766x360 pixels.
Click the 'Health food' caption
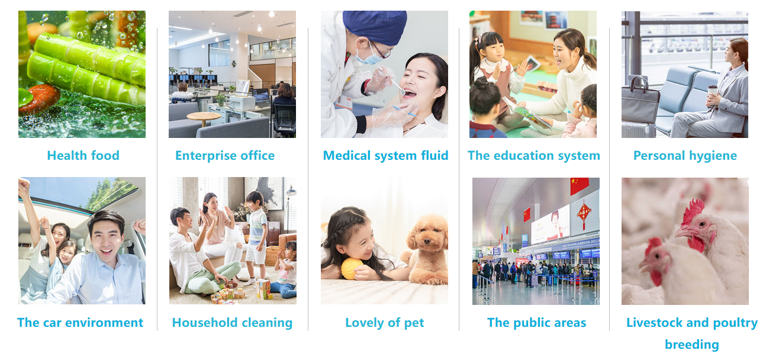83,156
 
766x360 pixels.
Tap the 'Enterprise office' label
225,156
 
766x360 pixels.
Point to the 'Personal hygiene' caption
685,156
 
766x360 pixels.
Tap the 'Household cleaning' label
232,323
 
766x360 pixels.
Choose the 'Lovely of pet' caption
384,323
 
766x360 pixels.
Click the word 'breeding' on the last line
692,345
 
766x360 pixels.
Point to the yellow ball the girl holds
352,269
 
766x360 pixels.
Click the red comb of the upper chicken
693,212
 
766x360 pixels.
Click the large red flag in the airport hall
580,186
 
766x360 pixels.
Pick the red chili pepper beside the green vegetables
38,99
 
